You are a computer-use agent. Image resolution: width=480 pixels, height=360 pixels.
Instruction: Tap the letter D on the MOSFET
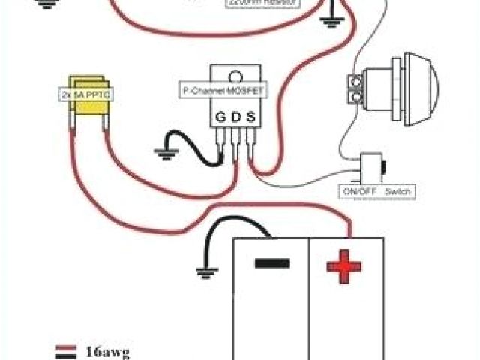[x=236, y=117]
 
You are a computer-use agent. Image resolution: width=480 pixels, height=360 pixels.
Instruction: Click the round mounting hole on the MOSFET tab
[x=236, y=76]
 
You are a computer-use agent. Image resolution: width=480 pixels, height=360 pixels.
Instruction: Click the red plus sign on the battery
[x=344, y=265]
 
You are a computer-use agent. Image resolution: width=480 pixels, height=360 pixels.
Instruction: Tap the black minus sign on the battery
[x=271, y=264]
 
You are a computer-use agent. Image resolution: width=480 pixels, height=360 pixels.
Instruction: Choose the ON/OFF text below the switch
[x=358, y=193]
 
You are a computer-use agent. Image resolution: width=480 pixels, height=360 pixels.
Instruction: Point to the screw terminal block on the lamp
[x=355, y=86]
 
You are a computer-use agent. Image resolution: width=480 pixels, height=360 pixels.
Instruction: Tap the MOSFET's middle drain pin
[x=237, y=146]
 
